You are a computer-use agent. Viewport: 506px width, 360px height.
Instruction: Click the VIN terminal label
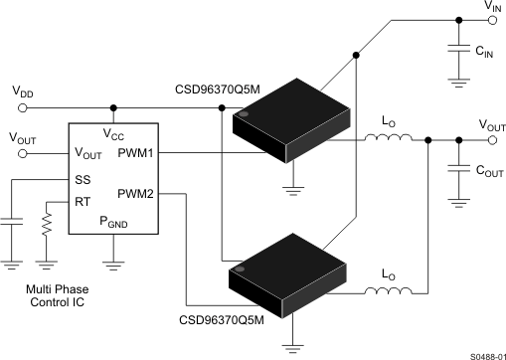492,7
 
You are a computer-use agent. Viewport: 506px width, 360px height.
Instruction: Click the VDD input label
22,90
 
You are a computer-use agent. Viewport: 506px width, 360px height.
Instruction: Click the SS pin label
83,180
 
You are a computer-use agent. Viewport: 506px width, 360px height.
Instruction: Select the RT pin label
83,202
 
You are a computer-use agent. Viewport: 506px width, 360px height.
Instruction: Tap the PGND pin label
114,225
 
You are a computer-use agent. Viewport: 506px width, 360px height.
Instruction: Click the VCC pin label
115,133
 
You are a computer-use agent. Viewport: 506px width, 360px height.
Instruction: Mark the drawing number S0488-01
478,350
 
